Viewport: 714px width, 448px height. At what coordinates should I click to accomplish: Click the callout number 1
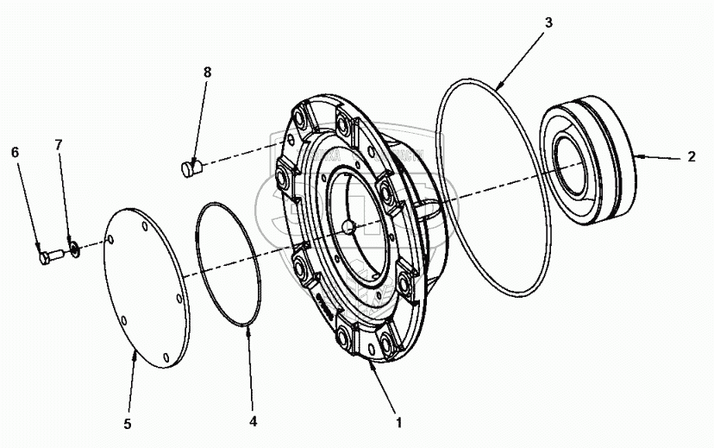point(398,425)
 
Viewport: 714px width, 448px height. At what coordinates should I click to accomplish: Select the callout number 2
point(691,158)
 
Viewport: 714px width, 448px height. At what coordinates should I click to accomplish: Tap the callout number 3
point(548,22)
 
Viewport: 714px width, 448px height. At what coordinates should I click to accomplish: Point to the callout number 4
point(253,422)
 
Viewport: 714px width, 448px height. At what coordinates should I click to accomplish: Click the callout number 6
point(15,152)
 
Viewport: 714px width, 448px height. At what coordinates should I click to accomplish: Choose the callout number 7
point(59,145)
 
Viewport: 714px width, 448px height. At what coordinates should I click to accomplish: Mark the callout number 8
point(207,73)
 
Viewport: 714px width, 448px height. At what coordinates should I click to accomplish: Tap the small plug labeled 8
point(191,167)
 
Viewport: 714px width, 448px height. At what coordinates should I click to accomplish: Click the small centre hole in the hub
point(347,228)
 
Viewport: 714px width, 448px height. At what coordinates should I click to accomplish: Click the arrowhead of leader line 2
point(637,156)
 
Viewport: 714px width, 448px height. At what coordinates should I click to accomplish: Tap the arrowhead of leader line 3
point(498,87)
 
